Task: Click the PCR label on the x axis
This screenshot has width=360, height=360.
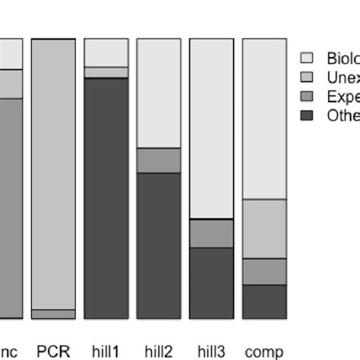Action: (x=53, y=352)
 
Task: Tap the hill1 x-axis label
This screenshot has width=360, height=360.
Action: (x=106, y=352)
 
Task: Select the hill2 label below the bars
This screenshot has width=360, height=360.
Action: (x=159, y=352)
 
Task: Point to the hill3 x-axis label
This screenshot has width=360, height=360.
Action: (x=211, y=352)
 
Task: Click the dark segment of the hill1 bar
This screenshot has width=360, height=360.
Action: (x=106, y=197)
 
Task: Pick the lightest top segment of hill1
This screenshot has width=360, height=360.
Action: (x=106, y=52)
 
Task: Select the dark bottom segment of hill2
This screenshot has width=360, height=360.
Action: (x=159, y=245)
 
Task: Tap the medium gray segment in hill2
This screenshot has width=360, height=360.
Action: (x=159, y=160)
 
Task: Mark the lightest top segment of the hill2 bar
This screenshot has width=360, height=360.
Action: (x=159, y=93)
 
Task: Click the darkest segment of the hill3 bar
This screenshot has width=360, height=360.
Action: (x=211, y=283)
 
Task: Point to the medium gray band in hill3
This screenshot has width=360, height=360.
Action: (x=211, y=233)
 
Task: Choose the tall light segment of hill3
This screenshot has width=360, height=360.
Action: (x=211, y=128)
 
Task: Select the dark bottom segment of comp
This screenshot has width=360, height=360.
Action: (x=264, y=302)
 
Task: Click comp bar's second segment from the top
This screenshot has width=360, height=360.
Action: (x=264, y=229)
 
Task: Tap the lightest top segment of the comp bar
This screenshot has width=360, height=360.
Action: (x=264, y=118)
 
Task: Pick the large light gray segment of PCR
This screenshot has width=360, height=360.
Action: (x=53, y=174)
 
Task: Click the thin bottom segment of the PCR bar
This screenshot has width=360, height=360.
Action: (x=53, y=314)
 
